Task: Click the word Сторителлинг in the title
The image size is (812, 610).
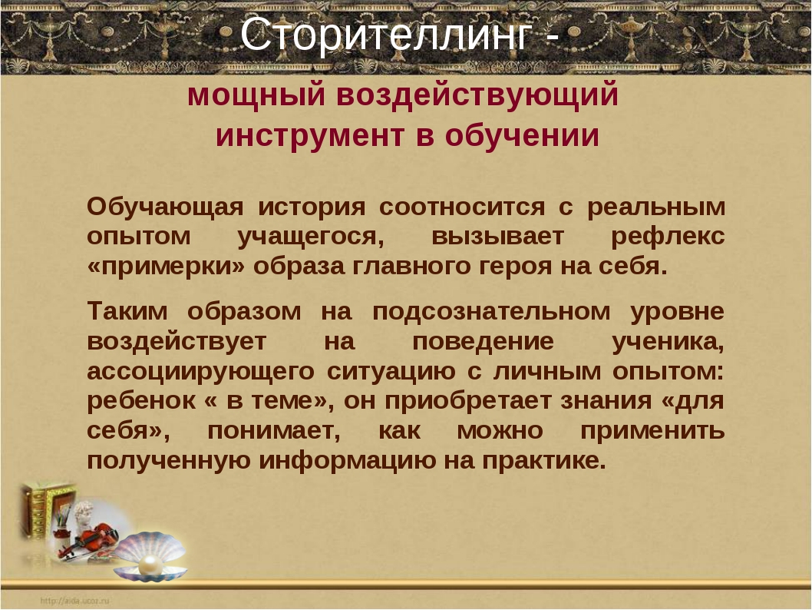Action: tap(386, 35)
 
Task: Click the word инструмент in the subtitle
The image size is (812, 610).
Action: tap(309, 136)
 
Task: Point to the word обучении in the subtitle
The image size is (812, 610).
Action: tap(522, 136)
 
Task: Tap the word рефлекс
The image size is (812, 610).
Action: tap(668, 237)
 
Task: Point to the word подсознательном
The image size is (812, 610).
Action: tap(491, 312)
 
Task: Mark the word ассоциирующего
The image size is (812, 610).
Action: tap(200, 372)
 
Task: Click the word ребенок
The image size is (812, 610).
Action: tap(141, 401)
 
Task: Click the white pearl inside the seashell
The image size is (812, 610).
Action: tap(150, 563)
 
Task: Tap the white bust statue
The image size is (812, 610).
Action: tap(83, 516)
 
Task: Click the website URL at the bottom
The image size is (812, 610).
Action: tap(74, 601)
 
